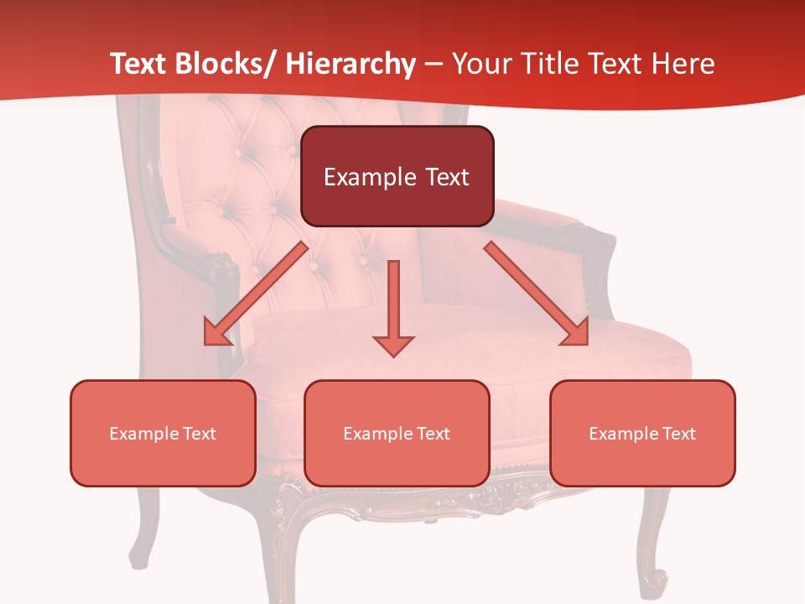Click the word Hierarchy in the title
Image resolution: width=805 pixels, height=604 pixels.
pyautogui.click(x=351, y=64)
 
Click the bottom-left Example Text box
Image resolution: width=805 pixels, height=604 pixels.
pyautogui.click(x=163, y=433)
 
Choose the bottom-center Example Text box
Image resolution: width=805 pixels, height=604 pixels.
pyautogui.click(x=397, y=433)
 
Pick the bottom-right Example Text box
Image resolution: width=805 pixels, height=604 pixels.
pyautogui.click(x=642, y=433)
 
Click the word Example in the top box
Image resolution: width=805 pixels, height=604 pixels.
pyautogui.click(x=370, y=178)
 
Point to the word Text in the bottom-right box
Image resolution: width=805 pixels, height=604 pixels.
pyautogui.click(x=678, y=434)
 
